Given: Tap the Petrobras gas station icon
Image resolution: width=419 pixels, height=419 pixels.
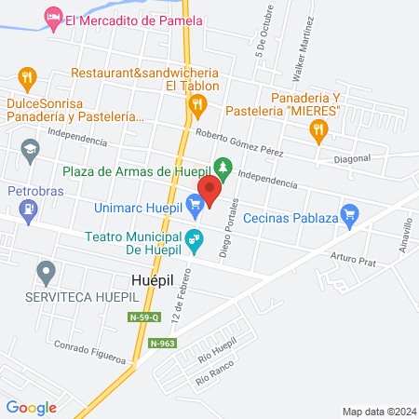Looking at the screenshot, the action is click(x=30, y=213).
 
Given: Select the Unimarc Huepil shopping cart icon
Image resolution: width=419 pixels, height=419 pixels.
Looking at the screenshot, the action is click(x=195, y=203).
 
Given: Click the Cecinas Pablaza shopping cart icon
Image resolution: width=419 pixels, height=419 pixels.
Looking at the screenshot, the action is click(x=350, y=215).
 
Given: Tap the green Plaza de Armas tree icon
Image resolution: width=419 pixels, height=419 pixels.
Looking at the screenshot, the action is click(x=222, y=169).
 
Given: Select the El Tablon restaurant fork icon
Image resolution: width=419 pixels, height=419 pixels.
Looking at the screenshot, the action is click(x=196, y=107).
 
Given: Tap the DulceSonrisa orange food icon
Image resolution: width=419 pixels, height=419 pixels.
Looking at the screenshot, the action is click(x=28, y=76).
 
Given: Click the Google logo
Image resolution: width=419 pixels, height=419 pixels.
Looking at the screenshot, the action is click(x=31, y=407).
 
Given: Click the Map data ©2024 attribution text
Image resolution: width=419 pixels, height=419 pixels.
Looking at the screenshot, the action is click(x=379, y=411).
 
